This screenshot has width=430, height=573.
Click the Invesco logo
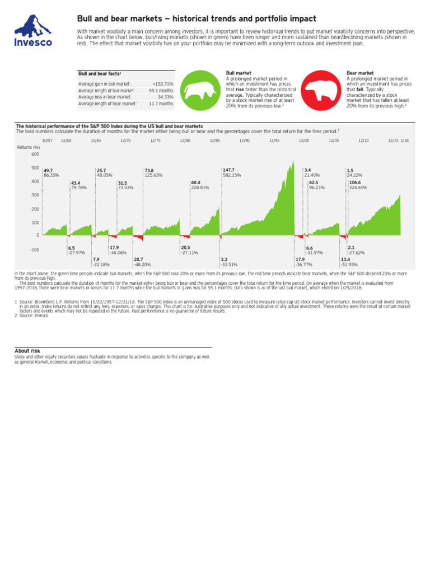point(33,30)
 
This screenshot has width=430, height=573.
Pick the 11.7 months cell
point(161,104)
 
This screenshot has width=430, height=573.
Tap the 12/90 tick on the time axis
point(244,140)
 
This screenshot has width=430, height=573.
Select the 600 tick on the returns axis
point(35,154)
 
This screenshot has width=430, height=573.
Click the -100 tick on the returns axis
point(35,250)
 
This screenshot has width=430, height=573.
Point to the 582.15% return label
point(232,175)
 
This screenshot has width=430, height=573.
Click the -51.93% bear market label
point(349,265)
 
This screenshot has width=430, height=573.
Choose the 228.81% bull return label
point(200,188)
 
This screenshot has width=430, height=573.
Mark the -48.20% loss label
point(142,265)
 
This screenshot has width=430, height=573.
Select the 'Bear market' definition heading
point(359,73)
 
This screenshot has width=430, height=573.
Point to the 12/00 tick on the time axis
point(303,140)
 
